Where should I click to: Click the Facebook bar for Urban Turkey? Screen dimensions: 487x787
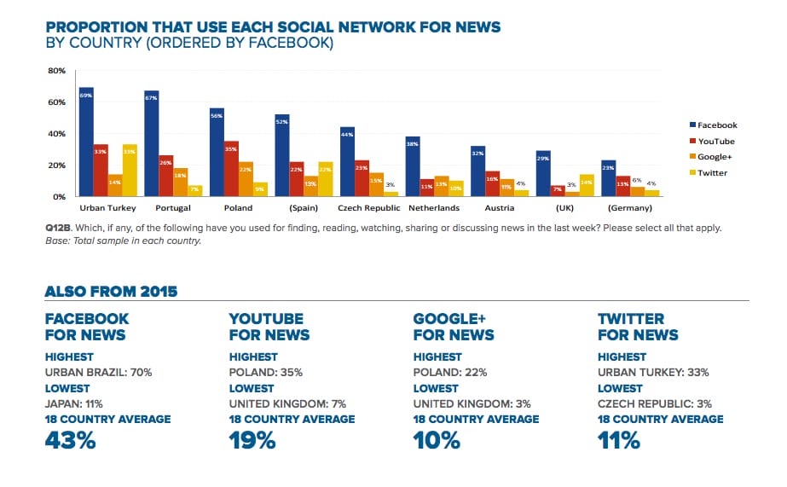[x=86, y=142]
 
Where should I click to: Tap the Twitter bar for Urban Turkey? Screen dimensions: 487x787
[x=130, y=171]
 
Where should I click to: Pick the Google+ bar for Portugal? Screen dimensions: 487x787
[x=180, y=182]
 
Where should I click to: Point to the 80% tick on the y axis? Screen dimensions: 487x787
[x=57, y=71]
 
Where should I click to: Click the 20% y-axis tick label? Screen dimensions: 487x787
[x=57, y=165]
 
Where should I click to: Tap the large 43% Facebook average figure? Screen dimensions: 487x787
[x=70, y=440]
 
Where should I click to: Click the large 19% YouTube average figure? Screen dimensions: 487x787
[x=253, y=440]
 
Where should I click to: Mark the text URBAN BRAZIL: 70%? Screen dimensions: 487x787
[x=92, y=372]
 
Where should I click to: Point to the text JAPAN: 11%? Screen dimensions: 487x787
[x=74, y=403]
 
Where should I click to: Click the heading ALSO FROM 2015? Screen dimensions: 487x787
[x=111, y=292]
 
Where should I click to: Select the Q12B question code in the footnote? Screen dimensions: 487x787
[x=57, y=229]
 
